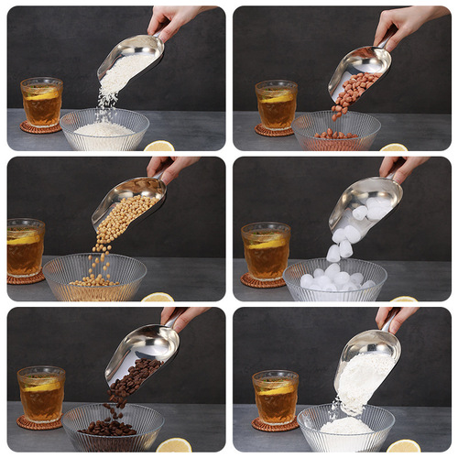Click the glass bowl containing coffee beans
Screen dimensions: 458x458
tap(113, 426)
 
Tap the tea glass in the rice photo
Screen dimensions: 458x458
tap(41, 102)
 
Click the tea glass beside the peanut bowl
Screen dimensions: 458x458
tap(276, 104)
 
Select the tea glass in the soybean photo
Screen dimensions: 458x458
tap(25, 248)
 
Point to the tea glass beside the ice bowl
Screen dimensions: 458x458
tap(266, 250)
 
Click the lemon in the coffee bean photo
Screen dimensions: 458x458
tap(174, 446)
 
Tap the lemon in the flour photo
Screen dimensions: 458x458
tap(403, 446)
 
